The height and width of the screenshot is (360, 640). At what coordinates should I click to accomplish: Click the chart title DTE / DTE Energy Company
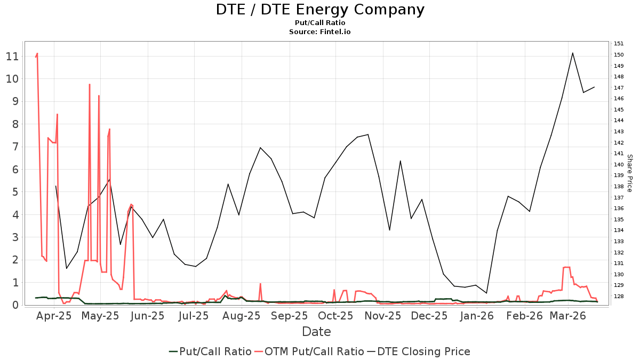pos(320,10)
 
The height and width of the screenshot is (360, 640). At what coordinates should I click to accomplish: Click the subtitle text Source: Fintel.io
pos(320,32)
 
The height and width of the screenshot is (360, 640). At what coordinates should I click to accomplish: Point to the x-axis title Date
pos(316,331)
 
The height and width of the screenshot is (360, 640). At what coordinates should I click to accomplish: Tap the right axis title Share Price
pos(629,173)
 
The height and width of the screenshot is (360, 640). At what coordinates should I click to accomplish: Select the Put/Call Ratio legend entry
pos(210,351)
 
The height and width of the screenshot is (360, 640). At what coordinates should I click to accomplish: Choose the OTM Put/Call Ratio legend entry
pos(309,351)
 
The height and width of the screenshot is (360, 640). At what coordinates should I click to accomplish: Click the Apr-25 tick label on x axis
pos(54,316)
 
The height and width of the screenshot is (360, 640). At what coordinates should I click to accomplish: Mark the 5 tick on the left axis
pos(15,192)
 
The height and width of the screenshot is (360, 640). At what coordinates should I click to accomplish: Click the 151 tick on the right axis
pos(619,44)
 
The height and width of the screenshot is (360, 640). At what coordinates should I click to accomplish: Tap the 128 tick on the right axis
pos(619,296)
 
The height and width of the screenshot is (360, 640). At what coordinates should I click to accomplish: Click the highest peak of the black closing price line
pos(572,53)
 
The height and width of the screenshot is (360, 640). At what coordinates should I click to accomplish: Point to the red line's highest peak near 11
pos(37,53)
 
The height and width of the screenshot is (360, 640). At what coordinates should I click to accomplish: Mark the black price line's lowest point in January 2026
pos(486,293)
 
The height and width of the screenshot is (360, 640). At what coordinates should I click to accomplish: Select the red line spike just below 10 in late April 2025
pos(90,84)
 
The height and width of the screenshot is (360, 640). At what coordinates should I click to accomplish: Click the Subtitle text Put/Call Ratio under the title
pos(320,23)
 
